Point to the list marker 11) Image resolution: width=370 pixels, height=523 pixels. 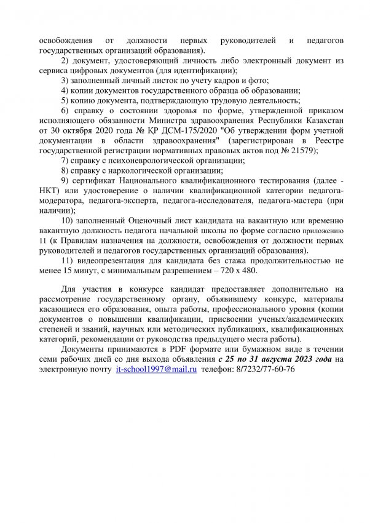tap(69, 260)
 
